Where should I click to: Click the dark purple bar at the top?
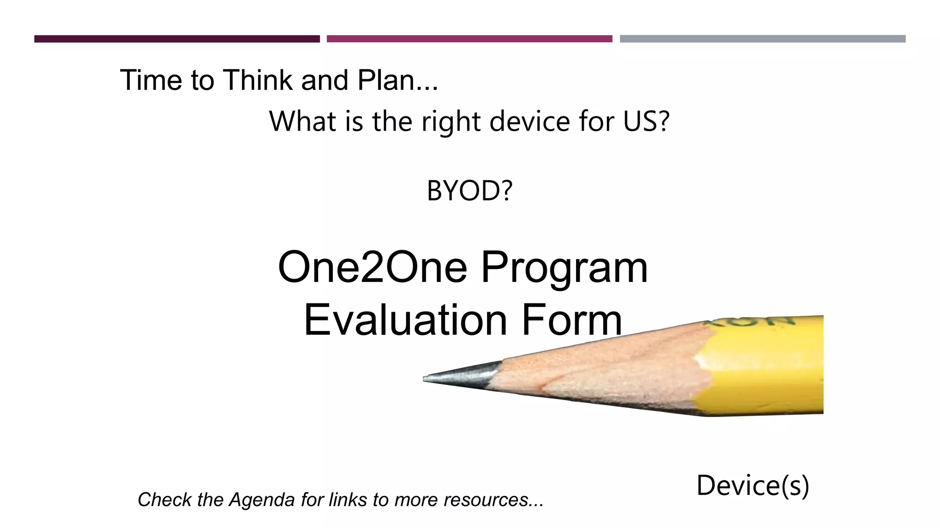coord(177,39)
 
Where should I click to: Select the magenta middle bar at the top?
coord(469,39)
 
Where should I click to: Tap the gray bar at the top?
coord(762,39)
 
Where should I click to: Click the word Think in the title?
coord(259,80)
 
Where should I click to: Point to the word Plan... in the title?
coord(397,80)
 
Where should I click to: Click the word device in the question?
coord(530,121)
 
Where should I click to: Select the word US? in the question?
coord(646,121)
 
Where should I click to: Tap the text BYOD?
coord(469,191)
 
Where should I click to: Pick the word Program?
coord(564,268)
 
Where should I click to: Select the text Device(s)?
coord(753,485)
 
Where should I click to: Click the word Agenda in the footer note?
coord(262,500)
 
